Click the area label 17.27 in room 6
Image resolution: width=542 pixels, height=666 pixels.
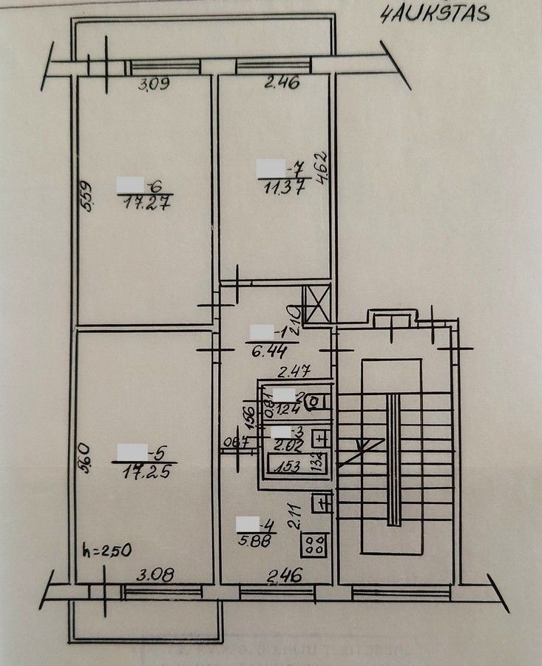145,203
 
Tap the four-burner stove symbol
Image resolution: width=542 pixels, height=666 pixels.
315,546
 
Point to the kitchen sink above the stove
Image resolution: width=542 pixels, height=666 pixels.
321,503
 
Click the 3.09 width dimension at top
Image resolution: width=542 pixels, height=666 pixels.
155,84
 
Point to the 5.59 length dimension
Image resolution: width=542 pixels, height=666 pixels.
86,198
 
